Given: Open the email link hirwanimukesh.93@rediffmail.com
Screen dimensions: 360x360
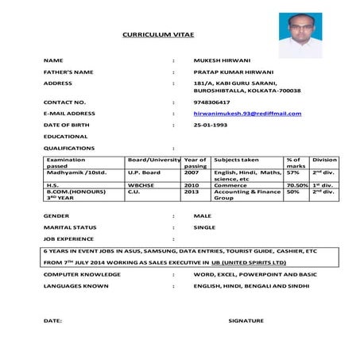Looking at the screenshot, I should [247, 114].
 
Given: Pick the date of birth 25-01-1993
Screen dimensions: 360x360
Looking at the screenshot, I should [211, 126].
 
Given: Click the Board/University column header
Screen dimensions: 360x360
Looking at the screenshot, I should [154, 160].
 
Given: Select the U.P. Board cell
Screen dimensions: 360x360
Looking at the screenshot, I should [144, 172].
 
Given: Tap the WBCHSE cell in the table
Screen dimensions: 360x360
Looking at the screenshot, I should [140, 184].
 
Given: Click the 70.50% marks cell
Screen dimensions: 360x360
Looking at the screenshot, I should [296, 184].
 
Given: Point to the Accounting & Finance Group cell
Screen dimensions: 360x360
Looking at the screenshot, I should [247, 195].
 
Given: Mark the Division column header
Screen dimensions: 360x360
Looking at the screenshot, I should [324, 160].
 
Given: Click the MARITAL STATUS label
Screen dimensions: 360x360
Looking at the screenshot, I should [70, 227].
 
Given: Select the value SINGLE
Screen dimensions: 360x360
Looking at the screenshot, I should [204, 227].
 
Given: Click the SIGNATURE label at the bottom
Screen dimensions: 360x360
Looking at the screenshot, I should [246, 319].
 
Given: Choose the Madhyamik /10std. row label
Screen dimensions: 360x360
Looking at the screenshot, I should [76, 172].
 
